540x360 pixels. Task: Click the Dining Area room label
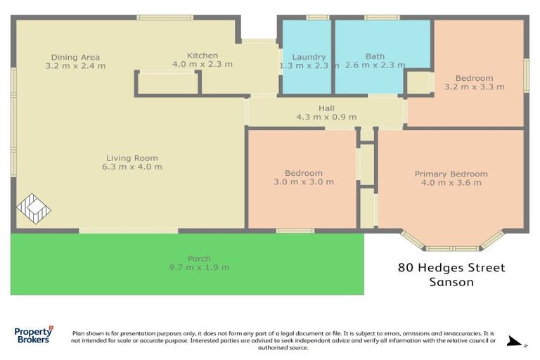[x=75, y=57]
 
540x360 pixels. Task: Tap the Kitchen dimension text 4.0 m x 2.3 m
[x=202, y=65]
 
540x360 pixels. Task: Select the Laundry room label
[x=309, y=57]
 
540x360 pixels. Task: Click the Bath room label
[x=375, y=57]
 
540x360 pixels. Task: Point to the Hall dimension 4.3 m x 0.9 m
[x=326, y=117]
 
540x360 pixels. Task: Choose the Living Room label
[x=132, y=158]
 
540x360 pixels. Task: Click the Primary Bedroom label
[x=451, y=174]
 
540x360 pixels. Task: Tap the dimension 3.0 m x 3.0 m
[x=304, y=181]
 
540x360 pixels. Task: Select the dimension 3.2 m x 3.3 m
[x=474, y=87]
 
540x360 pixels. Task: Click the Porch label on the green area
[x=199, y=258]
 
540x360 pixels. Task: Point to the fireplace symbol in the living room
[x=33, y=209]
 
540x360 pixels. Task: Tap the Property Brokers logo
[x=33, y=335]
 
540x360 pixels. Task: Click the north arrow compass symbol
[x=515, y=342]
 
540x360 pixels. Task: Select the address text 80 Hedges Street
[x=451, y=268]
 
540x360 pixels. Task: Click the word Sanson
[x=451, y=282]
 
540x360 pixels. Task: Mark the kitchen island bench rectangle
[x=167, y=82]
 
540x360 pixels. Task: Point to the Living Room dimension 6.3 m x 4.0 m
[x=132, y=167]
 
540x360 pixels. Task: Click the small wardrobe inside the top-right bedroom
[x=419, y=83]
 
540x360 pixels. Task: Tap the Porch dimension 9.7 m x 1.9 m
[x=199, y=267]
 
